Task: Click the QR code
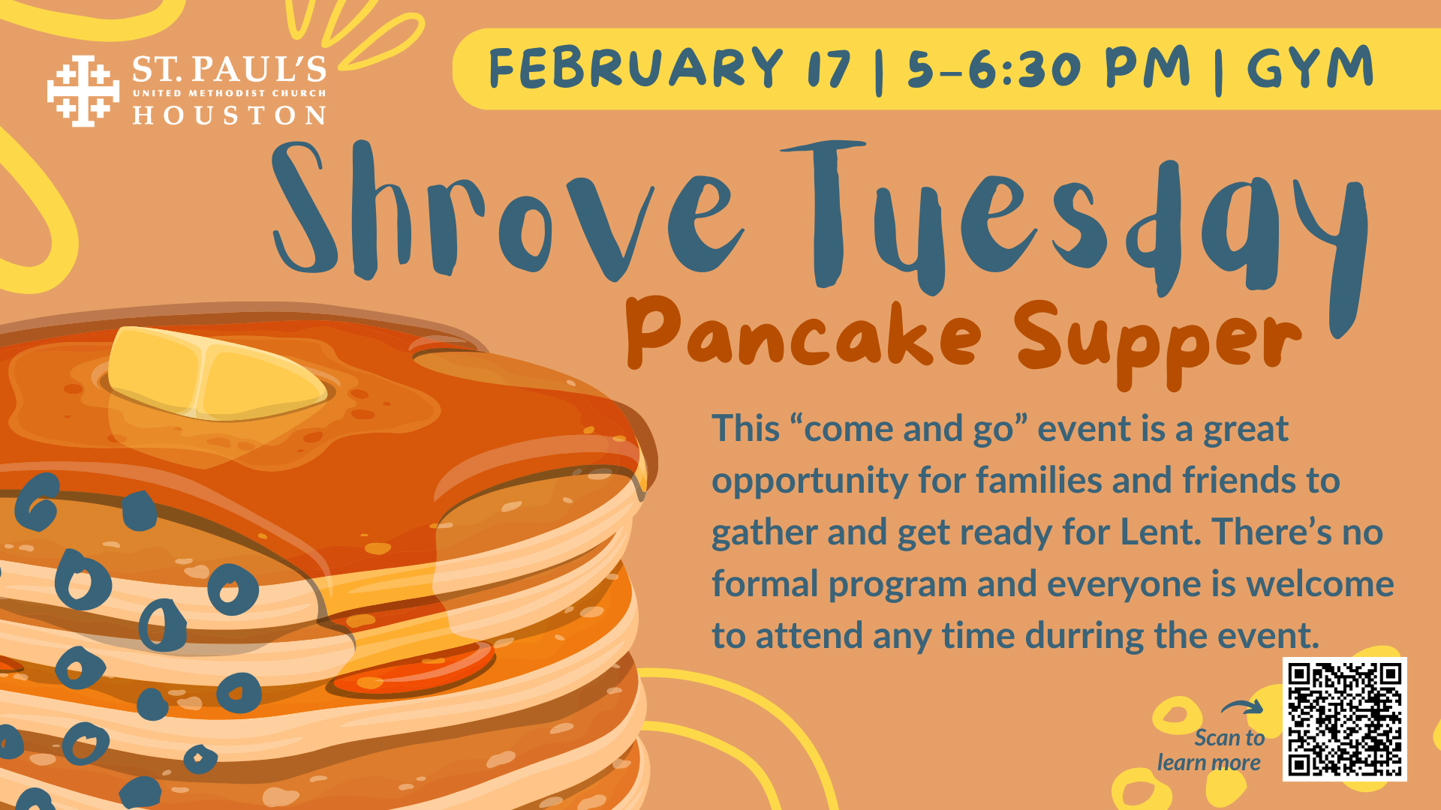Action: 1344,719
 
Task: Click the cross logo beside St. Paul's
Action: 83,91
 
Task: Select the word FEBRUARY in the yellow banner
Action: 635,68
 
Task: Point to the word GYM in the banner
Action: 1310,68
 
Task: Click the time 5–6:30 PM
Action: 1048,68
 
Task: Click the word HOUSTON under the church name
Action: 229,115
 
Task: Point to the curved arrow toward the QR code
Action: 1242,707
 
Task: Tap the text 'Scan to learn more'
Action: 1211,750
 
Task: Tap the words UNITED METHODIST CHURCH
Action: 229,93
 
